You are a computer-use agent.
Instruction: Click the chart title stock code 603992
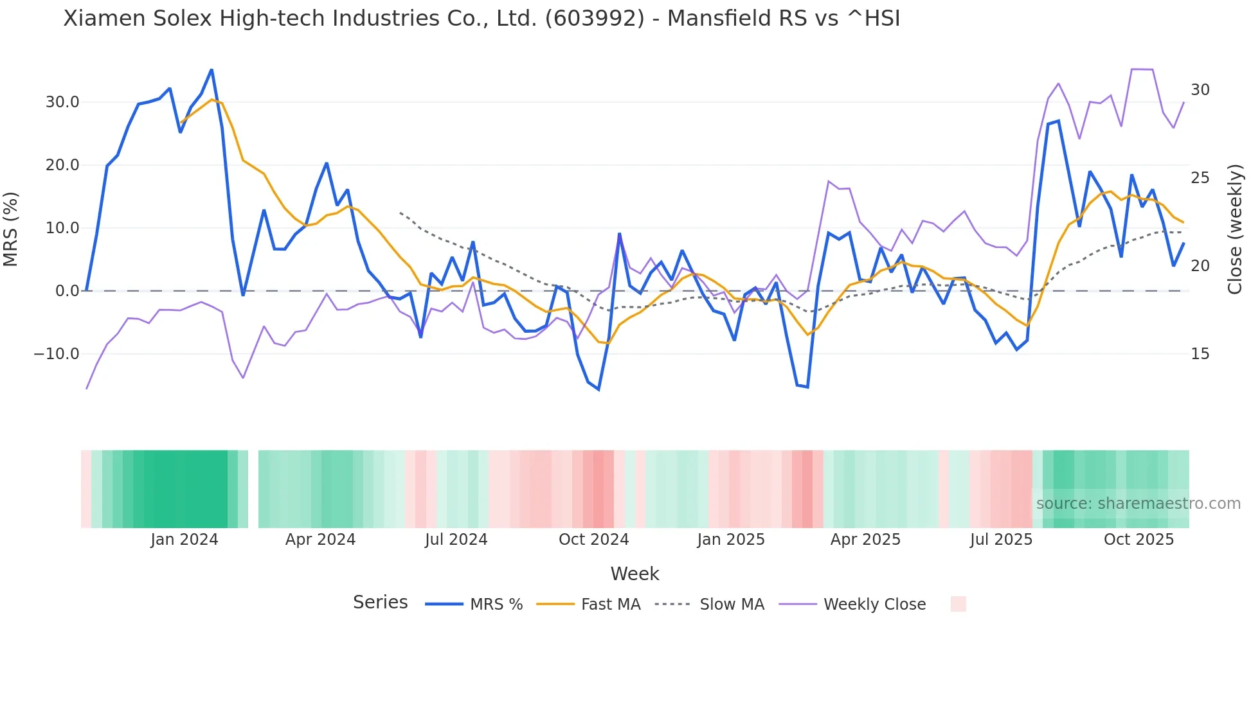coord(595,19)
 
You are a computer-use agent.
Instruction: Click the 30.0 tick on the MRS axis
coord(62,102)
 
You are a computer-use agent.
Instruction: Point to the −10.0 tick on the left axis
coord(57,354)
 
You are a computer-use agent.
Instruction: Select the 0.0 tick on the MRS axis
coord(67,291)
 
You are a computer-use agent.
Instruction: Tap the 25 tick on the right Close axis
coord(1200,178)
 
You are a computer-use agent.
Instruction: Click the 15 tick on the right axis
coord(1200,354)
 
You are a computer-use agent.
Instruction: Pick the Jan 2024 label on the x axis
coord(184,540)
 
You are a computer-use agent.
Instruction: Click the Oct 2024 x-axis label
coord(593,540)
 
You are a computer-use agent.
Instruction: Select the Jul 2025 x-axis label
coord(1001,540)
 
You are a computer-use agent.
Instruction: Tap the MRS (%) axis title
coord(11,229)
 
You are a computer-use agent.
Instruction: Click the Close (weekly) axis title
coord(1235,229)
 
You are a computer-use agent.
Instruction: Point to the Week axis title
coord(634,574)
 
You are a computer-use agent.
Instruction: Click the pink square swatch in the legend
coord(958,605)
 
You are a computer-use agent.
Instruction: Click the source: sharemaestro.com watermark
coord(1138,504)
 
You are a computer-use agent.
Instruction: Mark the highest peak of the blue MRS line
coord(212,70)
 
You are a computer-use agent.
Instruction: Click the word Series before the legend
coord(380,603)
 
